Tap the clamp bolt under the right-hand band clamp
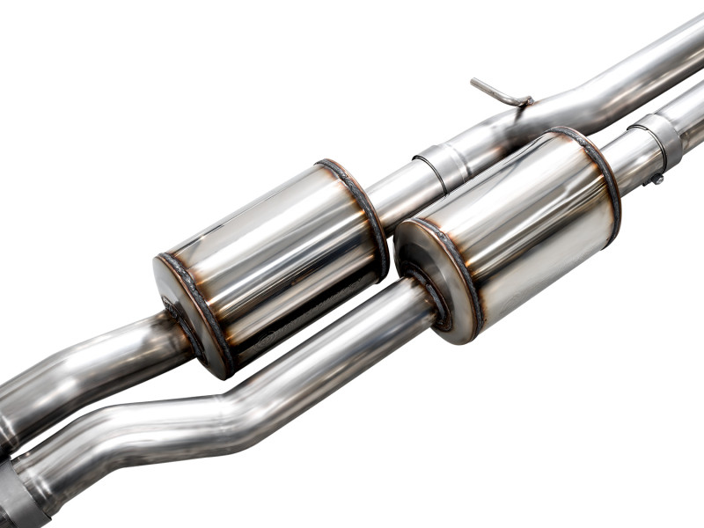pos(656,179)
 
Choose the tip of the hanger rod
pos(474,82)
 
